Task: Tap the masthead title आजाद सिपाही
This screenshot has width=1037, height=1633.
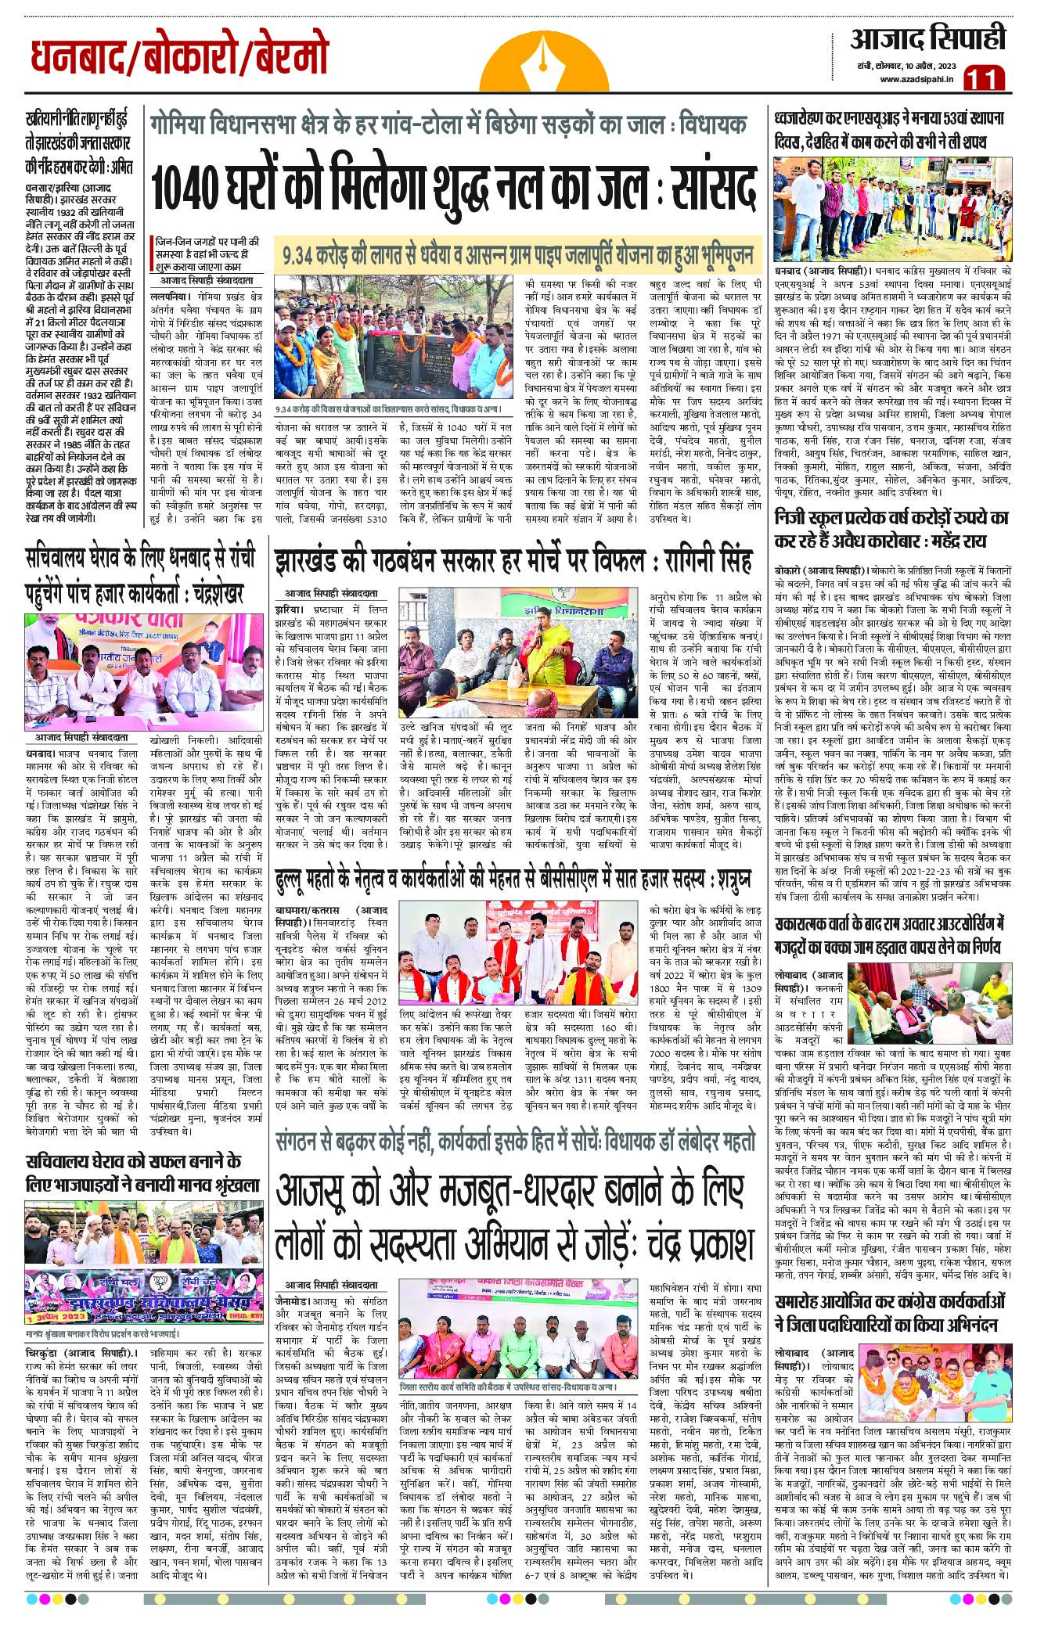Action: point(927,38)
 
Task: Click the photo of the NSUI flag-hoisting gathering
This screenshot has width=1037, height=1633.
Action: point(892,209)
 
